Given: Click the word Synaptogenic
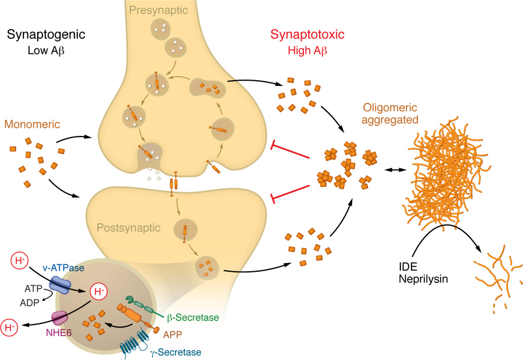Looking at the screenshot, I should coord(46,35).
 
